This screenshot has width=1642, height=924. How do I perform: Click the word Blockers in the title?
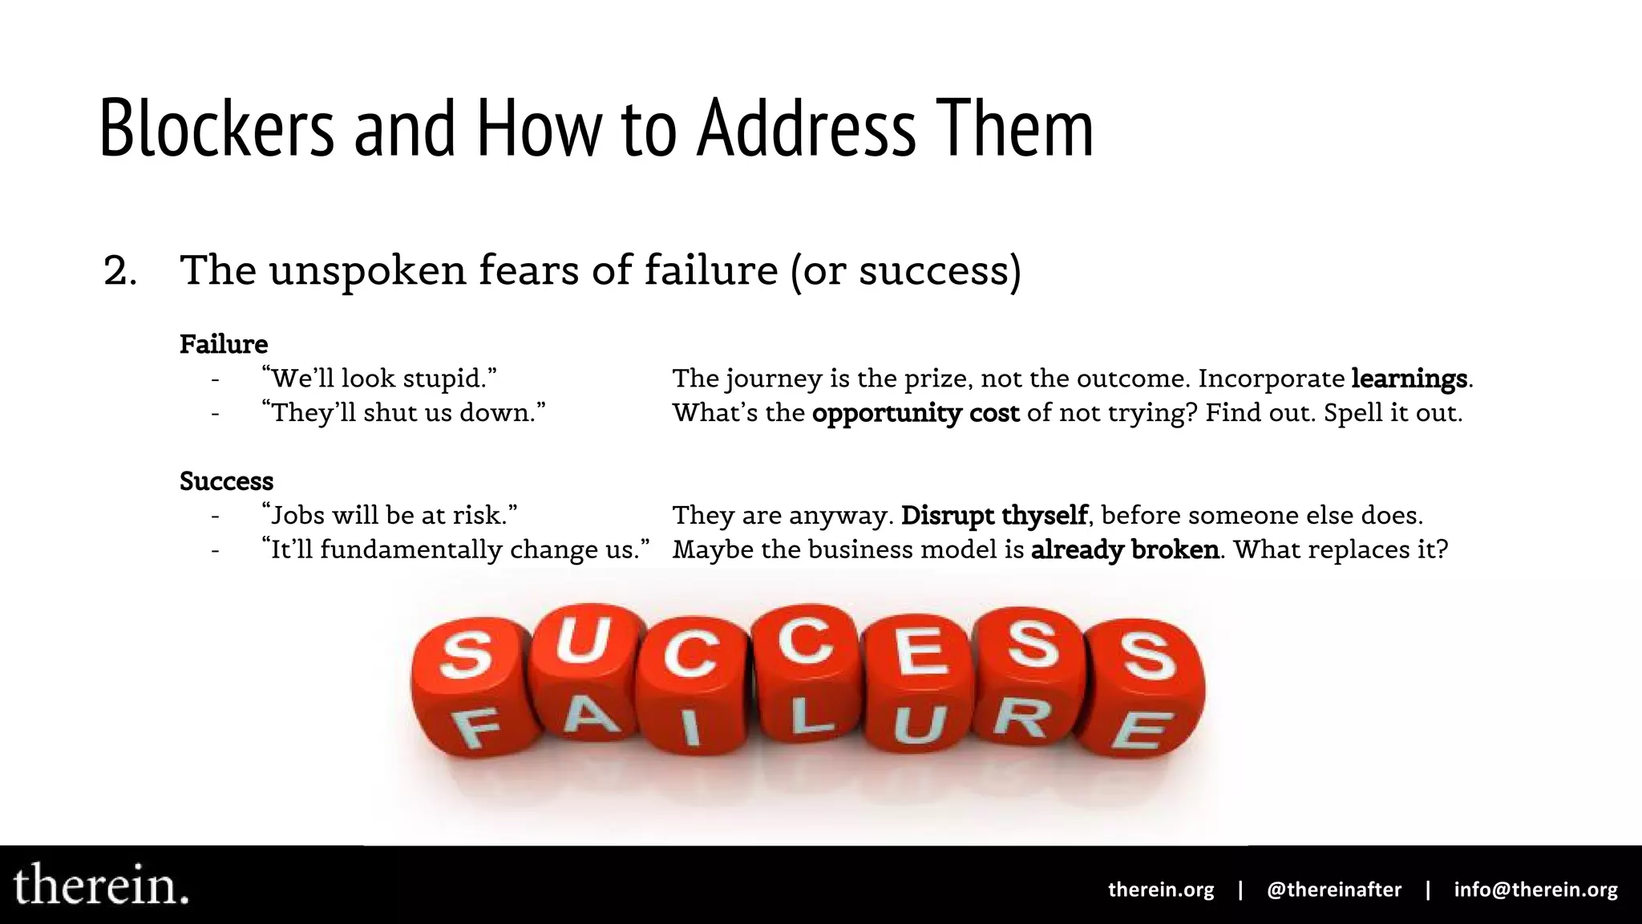[x=216, y=128]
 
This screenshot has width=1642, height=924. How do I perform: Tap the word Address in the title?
[x=806, y=128]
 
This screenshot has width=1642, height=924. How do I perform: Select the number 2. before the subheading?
[x=120, y=271]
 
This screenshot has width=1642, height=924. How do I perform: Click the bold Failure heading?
[x=224, y=344]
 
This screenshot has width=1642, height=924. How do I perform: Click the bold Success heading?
[x=226, y=481]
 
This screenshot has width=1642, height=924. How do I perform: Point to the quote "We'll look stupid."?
[x=379, y=379]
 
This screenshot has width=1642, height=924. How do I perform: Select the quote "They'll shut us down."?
[x=403, y=413]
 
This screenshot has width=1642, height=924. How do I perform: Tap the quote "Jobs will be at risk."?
[x=390, y=515]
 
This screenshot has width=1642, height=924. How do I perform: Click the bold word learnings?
[x=1409, y=379]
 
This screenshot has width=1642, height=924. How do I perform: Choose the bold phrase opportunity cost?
[x=916, y=413]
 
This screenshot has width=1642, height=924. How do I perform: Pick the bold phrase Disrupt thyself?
[x=994, y=515]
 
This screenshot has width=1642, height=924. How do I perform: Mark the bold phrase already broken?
[x=1125, y=549]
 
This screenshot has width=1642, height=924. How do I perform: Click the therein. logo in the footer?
[x=101, y=885]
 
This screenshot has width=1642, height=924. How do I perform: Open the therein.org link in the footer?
[x=1161, y=890]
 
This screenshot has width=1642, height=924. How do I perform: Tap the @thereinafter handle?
[x=1334, y=890]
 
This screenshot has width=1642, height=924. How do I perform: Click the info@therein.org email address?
[x=1535, y=890]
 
